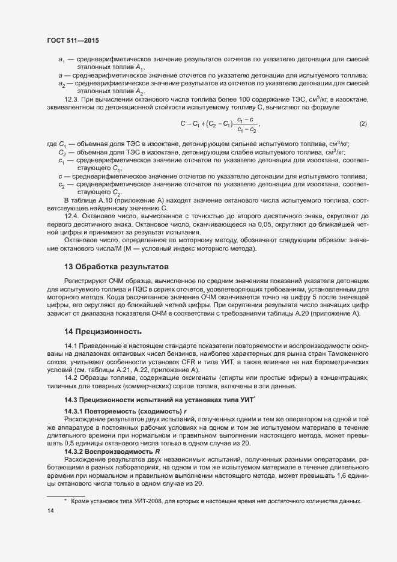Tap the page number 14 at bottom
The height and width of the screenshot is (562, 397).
(x=50, y=511)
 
